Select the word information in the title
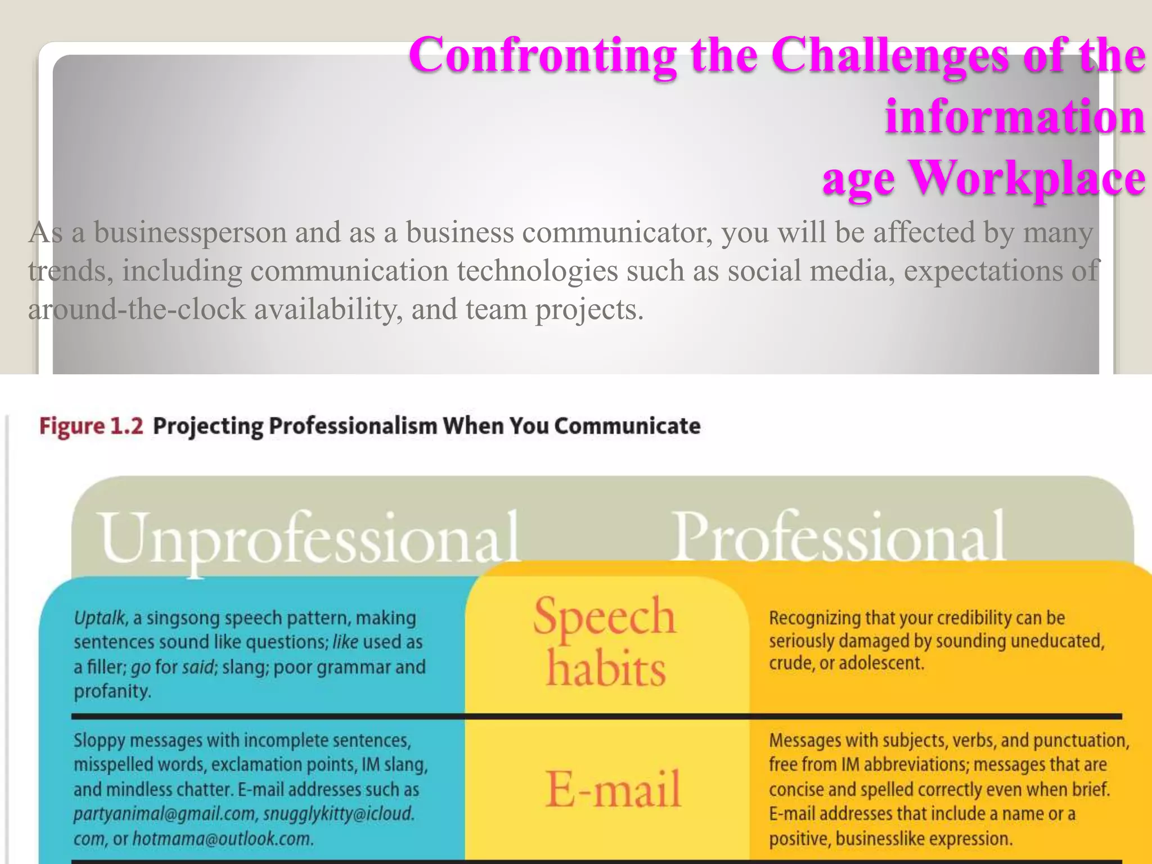(x=1015, y=117)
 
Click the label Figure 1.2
(x=91, y=426)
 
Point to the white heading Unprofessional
(x=309, y=539)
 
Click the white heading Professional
(x=839, y=537)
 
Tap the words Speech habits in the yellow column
(x=605, y=641)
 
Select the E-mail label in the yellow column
(x=613, y=789)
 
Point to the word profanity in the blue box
(x=112, y=691)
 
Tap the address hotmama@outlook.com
(x=222, y=839)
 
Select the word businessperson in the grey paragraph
(x=190, y=232)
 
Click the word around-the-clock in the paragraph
(x=137, y=309)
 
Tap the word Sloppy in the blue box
(x=99, y=740)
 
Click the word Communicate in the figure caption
(x=627, y=426)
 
